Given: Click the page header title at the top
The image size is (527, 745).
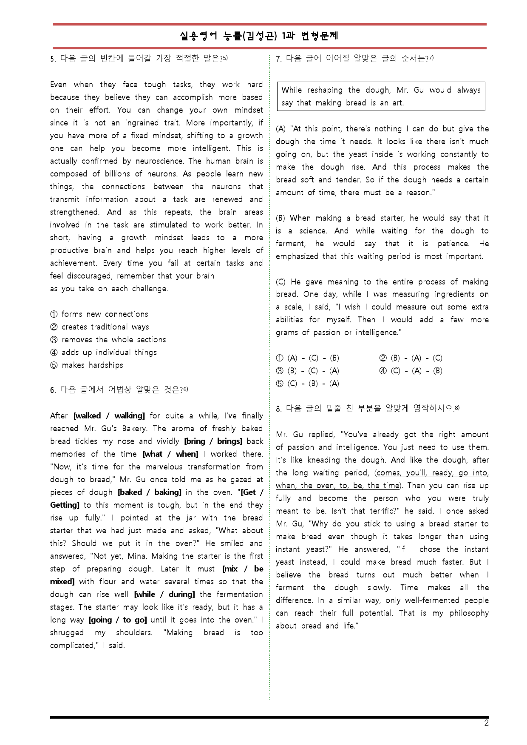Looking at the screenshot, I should [x=259, y=36].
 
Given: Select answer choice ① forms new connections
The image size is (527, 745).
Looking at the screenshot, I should [x=99, y=314].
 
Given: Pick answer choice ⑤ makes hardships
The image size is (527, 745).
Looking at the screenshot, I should [x=87, y=365].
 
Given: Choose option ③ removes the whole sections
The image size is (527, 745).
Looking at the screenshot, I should [x=108, y=340].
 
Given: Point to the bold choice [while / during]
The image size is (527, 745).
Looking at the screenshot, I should [x=164, y=594].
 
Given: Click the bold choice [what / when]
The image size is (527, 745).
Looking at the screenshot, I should [x=170, y=454].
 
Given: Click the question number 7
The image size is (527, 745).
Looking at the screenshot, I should [x=278, y=59].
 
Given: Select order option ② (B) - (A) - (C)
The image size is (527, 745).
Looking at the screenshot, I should [x=411, y=358].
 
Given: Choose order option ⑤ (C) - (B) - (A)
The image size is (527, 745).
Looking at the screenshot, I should [x=308, y=384].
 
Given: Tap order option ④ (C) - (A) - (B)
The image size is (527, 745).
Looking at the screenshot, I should [x=411, y=371].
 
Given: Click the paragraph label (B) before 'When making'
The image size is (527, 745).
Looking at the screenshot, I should [x=281, y=218].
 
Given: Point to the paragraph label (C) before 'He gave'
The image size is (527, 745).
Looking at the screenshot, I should [x=281, y=282].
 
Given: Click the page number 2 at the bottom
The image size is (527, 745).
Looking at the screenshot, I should [x=486, y=723].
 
